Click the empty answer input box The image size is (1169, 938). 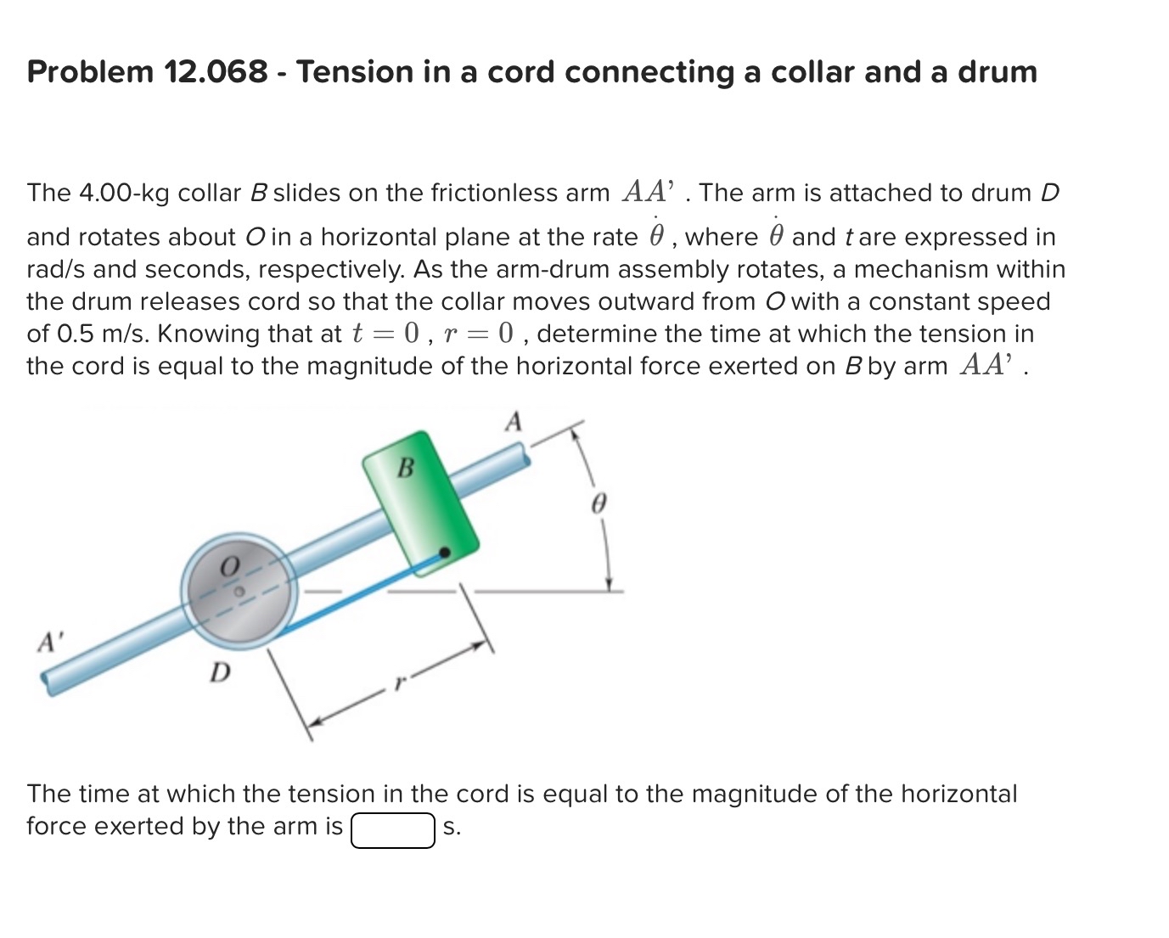[393, 830]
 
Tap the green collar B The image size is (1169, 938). [421, 503]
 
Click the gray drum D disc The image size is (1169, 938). [239, 591]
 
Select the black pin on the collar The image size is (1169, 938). [444, 553]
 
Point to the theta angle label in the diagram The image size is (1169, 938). [598, 503]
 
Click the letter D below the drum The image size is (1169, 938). [220, 672]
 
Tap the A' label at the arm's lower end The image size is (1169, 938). [50, 642]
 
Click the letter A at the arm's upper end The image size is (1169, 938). [514, 422]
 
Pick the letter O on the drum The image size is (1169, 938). [229, 566]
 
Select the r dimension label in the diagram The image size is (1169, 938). [400, 682]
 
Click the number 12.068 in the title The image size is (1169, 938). [216, 71]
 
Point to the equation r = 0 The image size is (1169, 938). [478, 334]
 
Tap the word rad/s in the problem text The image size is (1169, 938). [56, 269]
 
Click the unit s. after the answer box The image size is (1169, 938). [452, 828]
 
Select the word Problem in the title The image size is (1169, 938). [90, 71]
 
